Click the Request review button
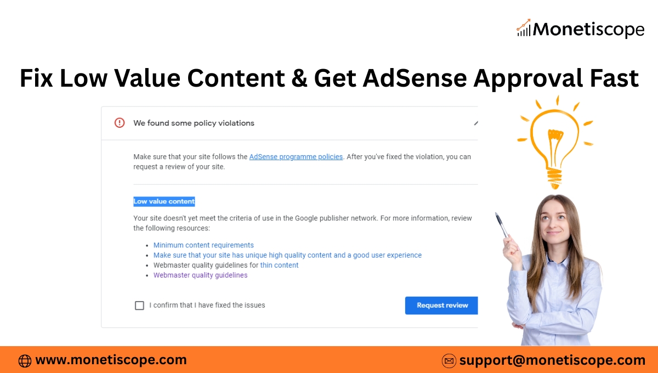(441, 306)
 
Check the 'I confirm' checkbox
(139, 306)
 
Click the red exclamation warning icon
(120, 123)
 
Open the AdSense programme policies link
(296, 157)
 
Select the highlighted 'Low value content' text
(164, 201)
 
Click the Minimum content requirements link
(203, 245)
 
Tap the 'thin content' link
(279, 265)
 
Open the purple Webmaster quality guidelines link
(200, 275)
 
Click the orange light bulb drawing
(554, 143)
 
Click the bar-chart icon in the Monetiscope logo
(524, 28)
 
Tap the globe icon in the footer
(25, 361)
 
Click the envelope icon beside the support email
(449, 360)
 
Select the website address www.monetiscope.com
(111, 360)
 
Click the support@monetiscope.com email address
(552, 360)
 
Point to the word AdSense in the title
(415, 78)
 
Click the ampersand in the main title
(299, 78)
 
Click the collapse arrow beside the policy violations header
(476, 123)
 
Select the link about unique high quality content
(287, 255)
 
